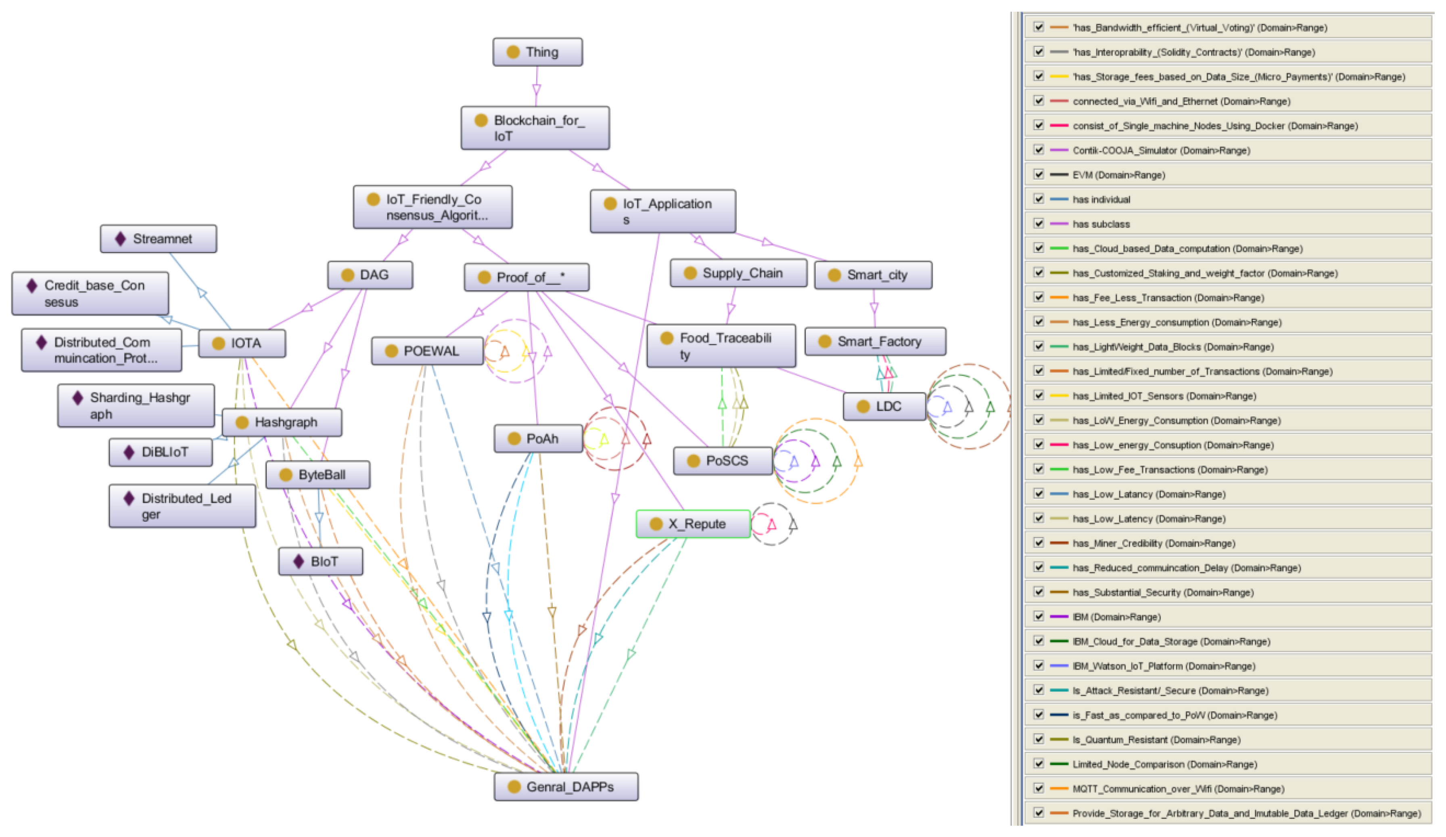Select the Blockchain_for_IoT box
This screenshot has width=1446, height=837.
(535, 128)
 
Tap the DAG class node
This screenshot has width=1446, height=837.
(370, 275)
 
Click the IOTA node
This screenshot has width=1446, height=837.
(242, 343)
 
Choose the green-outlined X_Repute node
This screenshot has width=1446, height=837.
(693, 524)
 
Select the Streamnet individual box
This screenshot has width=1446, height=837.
(159, 239)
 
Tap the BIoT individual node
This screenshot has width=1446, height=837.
(320, 562)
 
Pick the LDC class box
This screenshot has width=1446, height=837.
(884, 407)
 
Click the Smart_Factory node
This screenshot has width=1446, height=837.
(875, 342)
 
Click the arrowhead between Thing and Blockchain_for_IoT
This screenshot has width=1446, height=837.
(537, 90)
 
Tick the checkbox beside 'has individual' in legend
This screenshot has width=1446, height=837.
(1039, 199)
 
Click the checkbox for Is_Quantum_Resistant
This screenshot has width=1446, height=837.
(1039, 739)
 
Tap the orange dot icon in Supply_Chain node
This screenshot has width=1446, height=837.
(690, 273)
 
